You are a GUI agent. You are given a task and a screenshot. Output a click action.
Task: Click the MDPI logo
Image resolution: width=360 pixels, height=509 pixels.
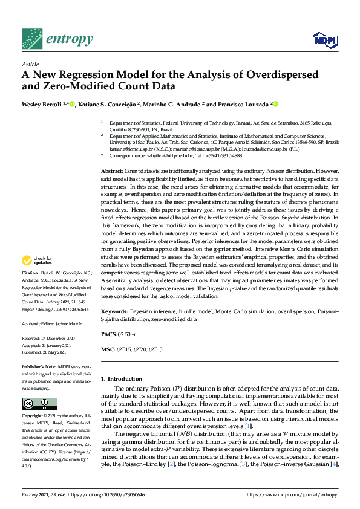click(324, 40)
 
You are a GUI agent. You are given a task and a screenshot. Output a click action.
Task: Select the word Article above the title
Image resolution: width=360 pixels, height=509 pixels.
click(30, 63)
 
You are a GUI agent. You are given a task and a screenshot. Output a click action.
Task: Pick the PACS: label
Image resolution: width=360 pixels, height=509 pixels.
click(110, 334)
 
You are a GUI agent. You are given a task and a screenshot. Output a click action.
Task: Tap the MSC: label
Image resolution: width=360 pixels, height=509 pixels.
click(108, 349)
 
